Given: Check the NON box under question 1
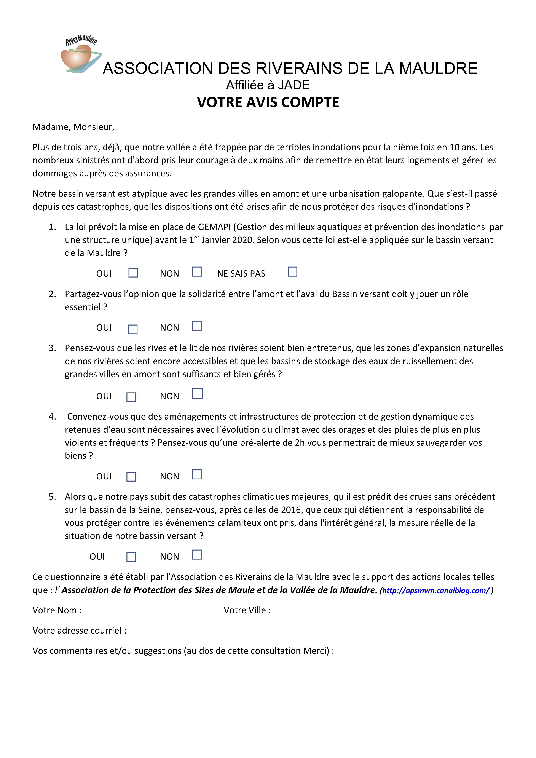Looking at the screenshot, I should [197, 272].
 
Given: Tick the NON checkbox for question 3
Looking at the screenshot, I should [197, 394].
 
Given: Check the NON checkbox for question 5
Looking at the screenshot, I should [197, 555].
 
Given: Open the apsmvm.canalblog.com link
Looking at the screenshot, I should [436, 590].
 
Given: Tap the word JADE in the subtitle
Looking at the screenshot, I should [294, 85].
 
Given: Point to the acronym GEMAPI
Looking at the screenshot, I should [214, 227].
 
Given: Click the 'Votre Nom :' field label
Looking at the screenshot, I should [57, 610].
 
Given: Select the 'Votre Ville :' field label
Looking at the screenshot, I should [247, 610].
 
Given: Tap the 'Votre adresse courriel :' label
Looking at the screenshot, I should [79, 630].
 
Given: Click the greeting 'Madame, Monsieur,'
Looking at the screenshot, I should [73, 127].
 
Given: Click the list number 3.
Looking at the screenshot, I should [52, 348].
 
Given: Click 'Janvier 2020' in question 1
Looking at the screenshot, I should [227, 240].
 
